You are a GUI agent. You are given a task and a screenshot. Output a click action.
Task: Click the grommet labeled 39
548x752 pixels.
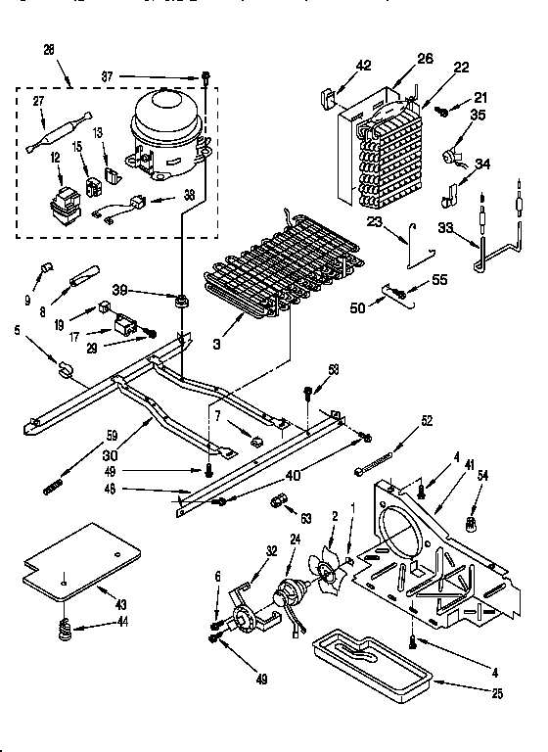[181, 299]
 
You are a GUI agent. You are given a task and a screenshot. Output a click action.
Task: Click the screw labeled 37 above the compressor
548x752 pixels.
[207, 75]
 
